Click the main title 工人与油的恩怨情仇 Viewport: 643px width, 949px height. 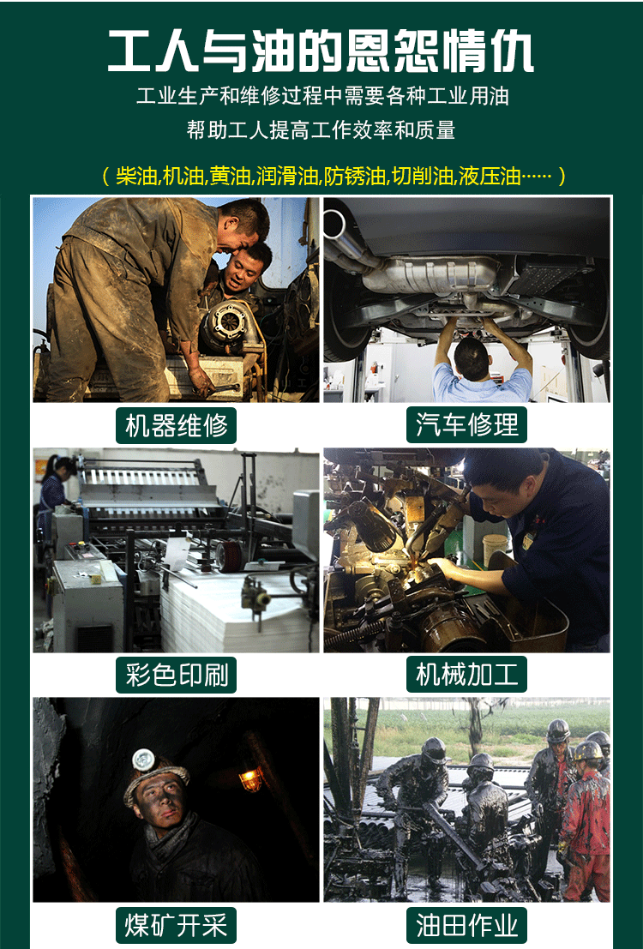pos(321,51)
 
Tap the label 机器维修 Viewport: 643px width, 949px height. pos(177,425)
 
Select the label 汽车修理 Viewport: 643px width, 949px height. pos(466,425)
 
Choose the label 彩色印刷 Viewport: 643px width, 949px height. pos(177,675)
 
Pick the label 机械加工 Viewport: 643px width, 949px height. pos(466,674)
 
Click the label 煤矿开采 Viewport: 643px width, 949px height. pos(177,925)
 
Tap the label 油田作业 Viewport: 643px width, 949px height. pos(466,925)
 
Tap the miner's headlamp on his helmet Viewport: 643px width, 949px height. pos(144,760)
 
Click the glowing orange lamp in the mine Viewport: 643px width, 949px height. pos(250,778)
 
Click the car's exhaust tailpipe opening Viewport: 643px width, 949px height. pos(334,224)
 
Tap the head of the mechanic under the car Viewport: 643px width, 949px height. pos(472,359)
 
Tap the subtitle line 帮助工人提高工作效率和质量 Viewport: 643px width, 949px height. pos(321,129)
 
